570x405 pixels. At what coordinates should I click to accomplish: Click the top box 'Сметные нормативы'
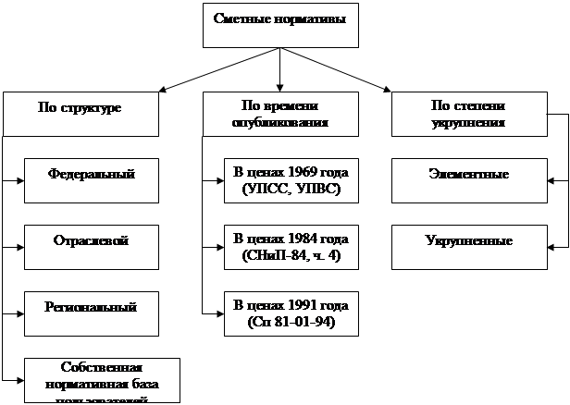pyautogui.click(x=279, y=24)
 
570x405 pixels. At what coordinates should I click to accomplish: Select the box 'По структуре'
pyautogui.click(x=81, y=114)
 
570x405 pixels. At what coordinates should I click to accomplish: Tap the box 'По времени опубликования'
pyautogui.click(x=279, y=114)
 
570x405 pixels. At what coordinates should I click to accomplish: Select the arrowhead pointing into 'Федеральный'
pyautogui.click(x=19, y=180)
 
